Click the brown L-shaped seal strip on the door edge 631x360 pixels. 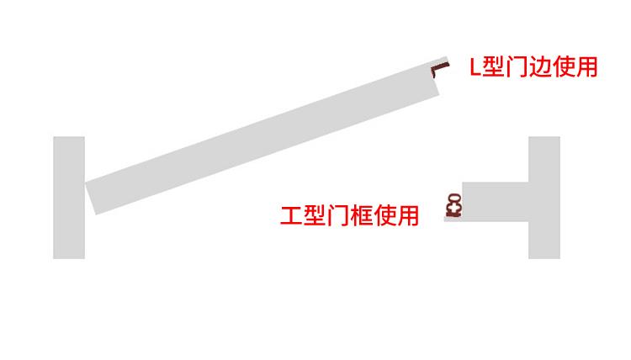(x=438, y=67)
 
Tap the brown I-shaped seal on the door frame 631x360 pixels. (x=453, y=205)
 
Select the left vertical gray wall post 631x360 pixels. (x=69, y=197)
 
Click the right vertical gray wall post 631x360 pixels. (x=544, y=197)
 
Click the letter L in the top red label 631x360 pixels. (x=475, y=67)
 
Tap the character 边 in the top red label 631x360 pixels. (x=538, y=67)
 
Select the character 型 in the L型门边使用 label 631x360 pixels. (x=494, y=67)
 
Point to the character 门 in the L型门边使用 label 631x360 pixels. (x=516, y=67)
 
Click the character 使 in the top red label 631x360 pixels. (x=562, y=67)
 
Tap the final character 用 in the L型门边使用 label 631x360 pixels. (x=586, y=67)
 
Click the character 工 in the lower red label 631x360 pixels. (x=290, y=216)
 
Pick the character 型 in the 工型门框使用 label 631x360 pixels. (x=314, y=216)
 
